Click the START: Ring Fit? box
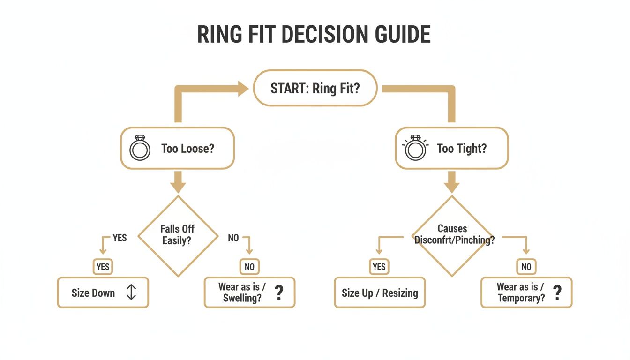tap(315, 88)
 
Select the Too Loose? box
tap(177, 149)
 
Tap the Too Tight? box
tap(451, 149)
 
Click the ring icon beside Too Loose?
tap(140, 149)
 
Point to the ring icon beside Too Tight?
tap(414, 149)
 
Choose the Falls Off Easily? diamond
tap(177, 235)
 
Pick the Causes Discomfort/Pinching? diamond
tap(452, 235)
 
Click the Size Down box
tap(103, 293)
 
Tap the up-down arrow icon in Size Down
tap(131, 293)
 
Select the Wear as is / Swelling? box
tap(249, 293)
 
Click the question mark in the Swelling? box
tap(279, 293)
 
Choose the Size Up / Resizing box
tap(380, 293)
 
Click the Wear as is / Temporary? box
tap(526, 293)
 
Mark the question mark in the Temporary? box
tap(557, 293)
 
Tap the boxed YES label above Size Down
tap(103, 267)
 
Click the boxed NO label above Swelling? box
tap(249, 267)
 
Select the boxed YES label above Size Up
tap(379, 267)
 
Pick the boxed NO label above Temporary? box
tap(526, 267)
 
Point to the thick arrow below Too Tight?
tap(451, 182)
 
